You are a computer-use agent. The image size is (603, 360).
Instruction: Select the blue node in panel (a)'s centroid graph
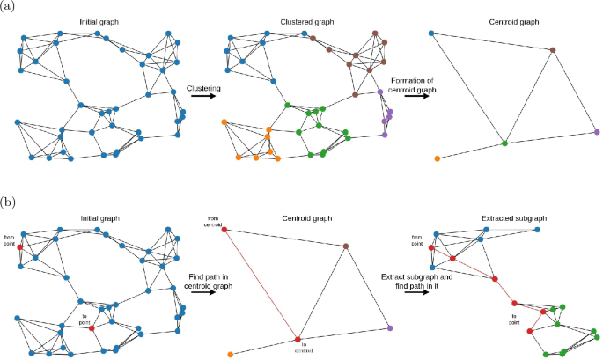(430, 33)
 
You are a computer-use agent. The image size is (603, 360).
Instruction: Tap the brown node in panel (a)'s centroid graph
(552, 49)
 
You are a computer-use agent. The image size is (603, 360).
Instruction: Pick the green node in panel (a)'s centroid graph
(504, 141)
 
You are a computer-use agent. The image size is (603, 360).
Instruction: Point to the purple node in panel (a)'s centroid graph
(596, 132)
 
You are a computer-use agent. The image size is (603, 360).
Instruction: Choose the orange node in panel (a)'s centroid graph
(438, 158)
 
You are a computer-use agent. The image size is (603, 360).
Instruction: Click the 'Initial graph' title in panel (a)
(95, 19)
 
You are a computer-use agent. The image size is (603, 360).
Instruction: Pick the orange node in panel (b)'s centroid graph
(230, 355)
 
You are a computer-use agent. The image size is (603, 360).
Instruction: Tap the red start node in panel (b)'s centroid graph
(224, 230)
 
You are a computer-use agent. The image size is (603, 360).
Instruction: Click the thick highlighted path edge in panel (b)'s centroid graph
(261, 284)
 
